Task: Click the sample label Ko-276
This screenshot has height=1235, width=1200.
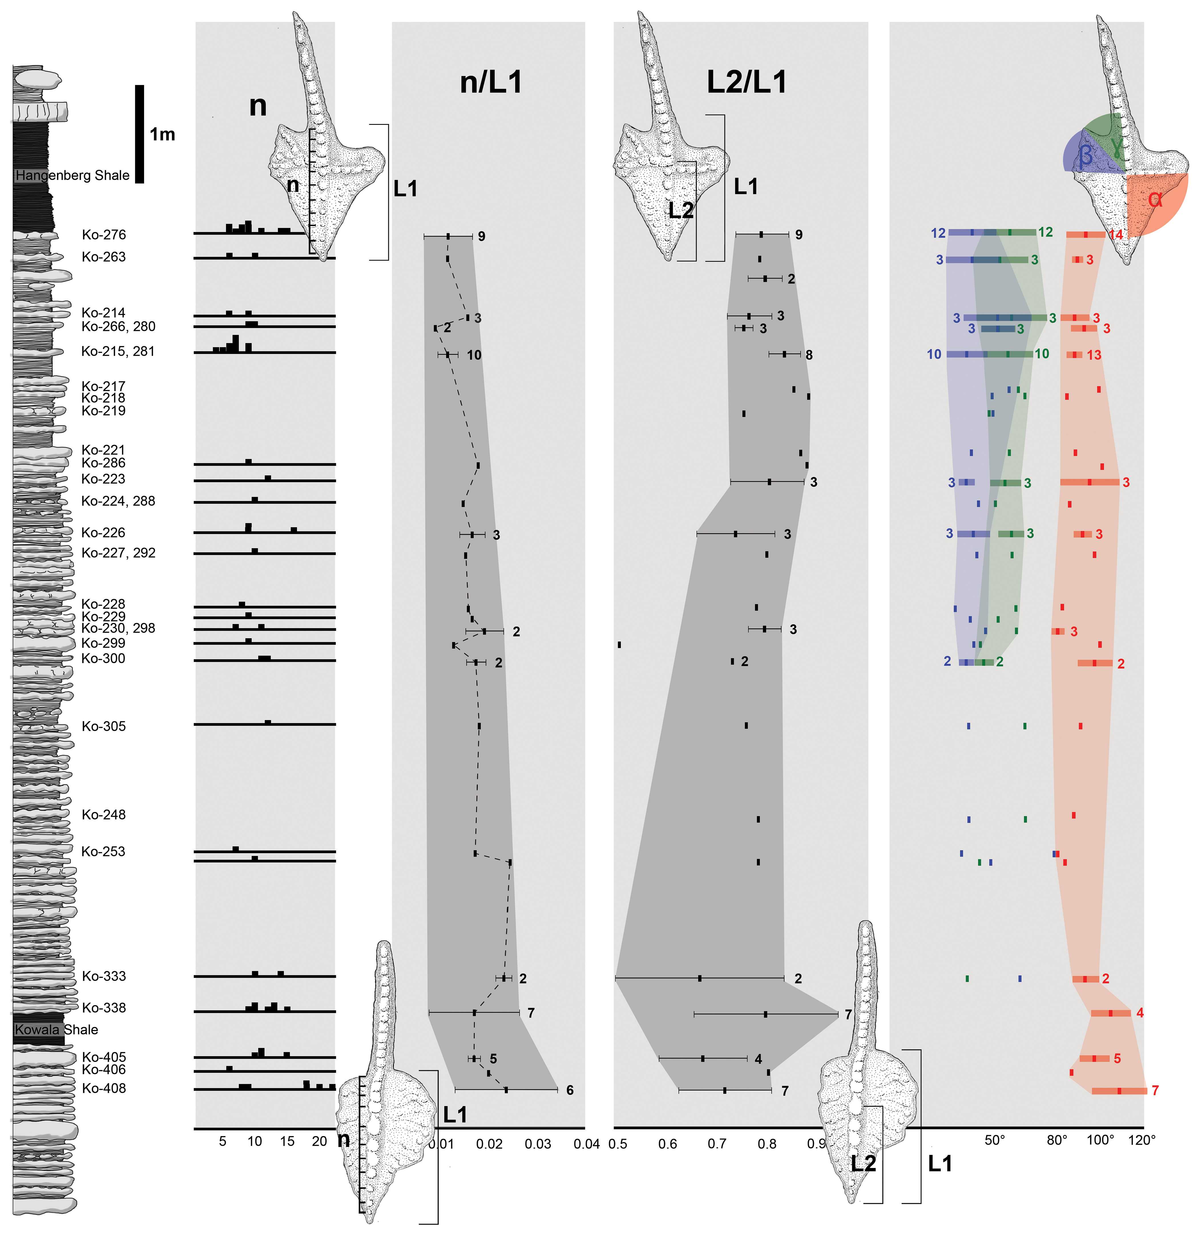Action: click(x=104, y=235)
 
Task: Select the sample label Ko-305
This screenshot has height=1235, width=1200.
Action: click(x=104, y=726)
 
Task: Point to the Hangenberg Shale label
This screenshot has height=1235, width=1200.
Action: click(x=72, y=175)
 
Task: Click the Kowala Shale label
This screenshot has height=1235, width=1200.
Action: click(x=57, y=1029)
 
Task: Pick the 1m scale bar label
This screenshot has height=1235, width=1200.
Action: click(x=162, y=134)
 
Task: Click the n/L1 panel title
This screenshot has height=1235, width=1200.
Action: click(x=491, y=83)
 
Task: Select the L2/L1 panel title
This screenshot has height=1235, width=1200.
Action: click(x=747, y=83)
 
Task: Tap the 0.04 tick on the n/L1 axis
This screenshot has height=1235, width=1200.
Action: click(x=586, y=1144)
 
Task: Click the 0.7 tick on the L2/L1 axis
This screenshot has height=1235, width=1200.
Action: click(x=717, y=1144)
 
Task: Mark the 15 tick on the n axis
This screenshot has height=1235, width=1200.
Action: click(x=287, y=1141)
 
